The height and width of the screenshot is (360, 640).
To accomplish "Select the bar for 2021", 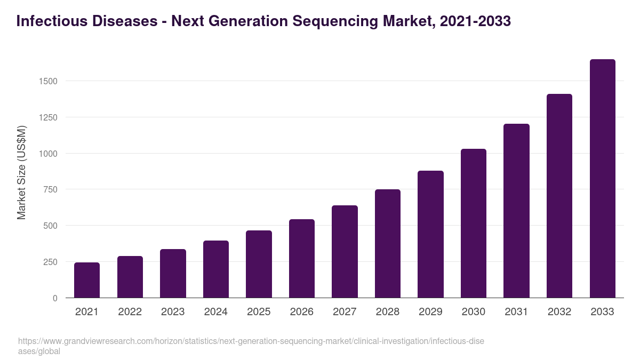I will tap(87, 280).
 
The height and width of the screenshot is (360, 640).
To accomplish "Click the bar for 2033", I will tap(602, 179).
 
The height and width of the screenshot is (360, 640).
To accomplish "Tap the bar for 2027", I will tap(345, 252).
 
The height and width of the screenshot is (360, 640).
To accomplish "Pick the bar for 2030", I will tap(474, 223).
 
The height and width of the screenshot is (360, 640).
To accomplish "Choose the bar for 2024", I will tap(215, 269).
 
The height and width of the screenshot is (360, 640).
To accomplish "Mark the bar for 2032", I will tap(559, 196).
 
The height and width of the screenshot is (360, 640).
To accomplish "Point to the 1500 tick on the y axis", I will tap(47, 81).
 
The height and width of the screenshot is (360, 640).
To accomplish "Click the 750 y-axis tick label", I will tap(50, 189).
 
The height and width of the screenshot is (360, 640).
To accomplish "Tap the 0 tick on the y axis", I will tap(55, 298).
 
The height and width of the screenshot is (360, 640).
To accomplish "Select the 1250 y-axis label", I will tap(47, 117).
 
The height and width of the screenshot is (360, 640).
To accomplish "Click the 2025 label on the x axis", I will tap(259, 312).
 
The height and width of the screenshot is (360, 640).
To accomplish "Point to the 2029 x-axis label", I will tap(430, 312).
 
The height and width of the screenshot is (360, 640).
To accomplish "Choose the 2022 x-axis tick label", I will tap(130, 312).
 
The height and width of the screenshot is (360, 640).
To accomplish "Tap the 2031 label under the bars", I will tap(516, 312).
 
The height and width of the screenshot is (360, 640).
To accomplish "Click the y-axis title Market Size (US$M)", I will tap(21, 172).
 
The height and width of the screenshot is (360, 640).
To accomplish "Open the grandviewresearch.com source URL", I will tap(251, 341).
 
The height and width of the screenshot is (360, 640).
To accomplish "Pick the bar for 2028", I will tap(388, 244).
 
